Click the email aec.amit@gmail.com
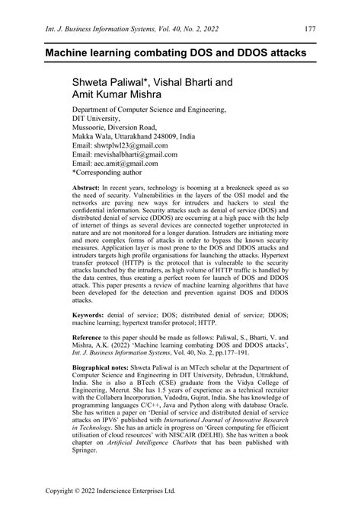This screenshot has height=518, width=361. point(125,164)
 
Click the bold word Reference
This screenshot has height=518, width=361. point(91,361)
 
